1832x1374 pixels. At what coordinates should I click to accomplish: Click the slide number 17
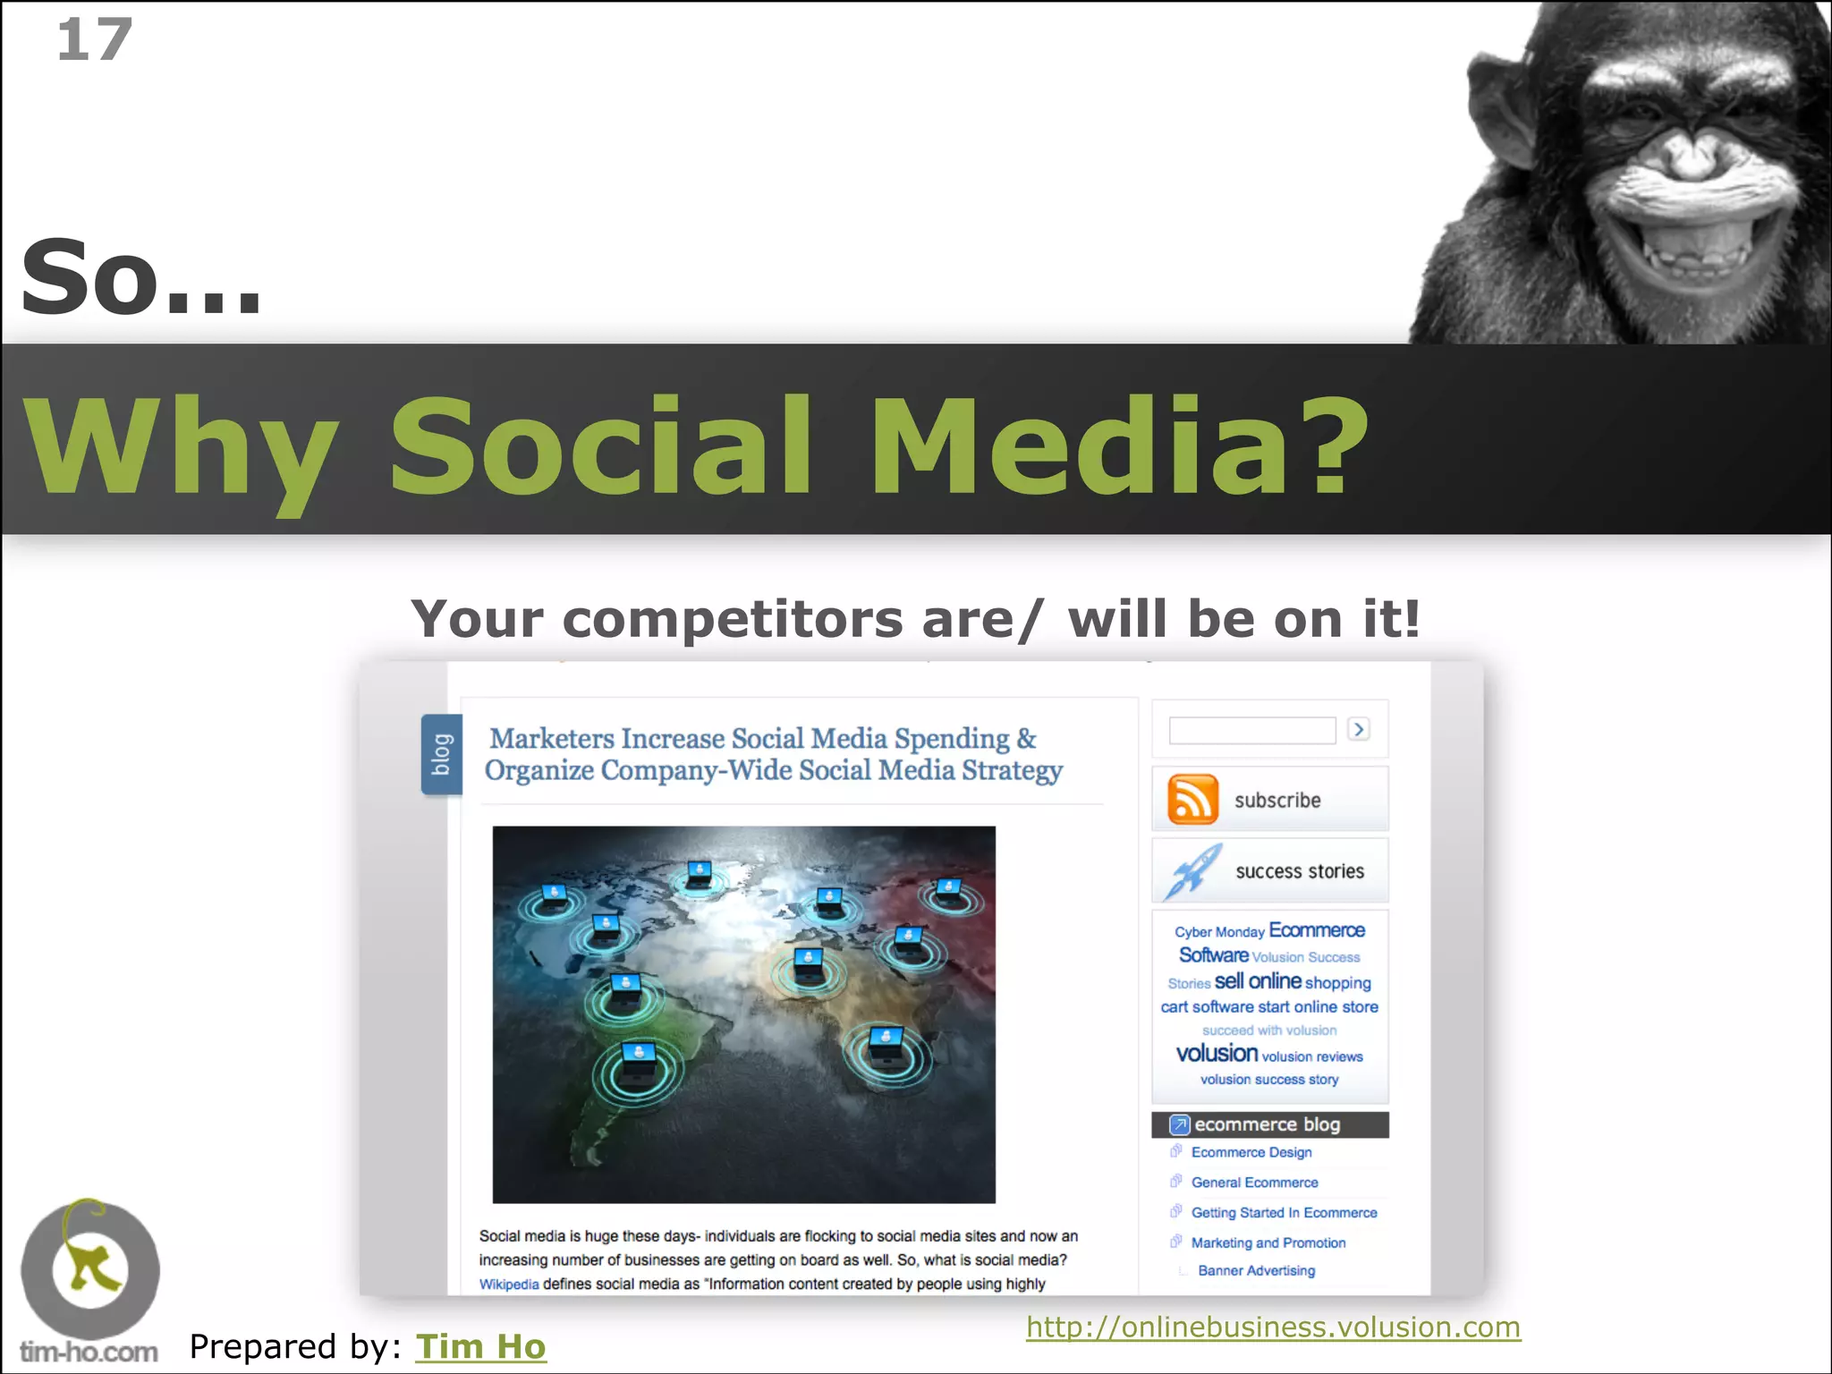point(94,40)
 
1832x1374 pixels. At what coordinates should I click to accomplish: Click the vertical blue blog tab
point(442,754)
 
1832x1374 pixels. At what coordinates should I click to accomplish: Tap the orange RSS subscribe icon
point(1192,800)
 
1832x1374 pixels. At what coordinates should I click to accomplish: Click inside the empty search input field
point(1251,730)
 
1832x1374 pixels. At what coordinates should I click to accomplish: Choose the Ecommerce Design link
point(1251,1152)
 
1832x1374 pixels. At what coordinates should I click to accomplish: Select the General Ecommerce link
point(1254,1183)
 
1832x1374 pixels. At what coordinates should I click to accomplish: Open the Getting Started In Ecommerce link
point(1284,1213)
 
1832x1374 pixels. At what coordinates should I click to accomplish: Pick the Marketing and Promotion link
point(1268,1243)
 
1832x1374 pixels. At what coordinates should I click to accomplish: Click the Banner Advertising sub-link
point(1256,1270)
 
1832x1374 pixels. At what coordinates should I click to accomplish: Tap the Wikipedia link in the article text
point(509,1285)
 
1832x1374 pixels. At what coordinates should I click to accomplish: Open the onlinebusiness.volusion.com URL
point(1273,1327)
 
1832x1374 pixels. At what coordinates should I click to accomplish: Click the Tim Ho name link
point(480,1346)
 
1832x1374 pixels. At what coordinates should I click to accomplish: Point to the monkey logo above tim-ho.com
point(89,1268)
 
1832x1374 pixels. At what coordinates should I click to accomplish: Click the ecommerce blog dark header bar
point(1269,1124)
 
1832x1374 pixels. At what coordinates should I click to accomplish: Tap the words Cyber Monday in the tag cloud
point(1219,932)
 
